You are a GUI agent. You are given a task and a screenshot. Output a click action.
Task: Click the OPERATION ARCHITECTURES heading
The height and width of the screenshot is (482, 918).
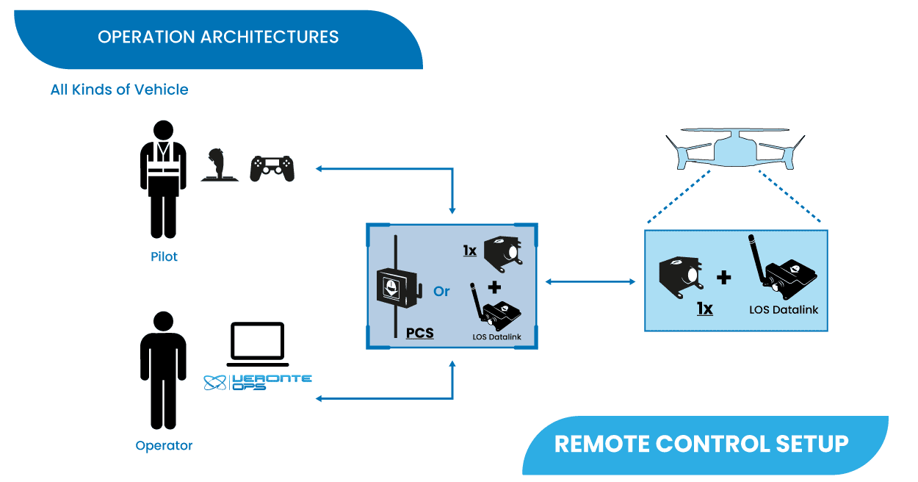[x=218, y=37]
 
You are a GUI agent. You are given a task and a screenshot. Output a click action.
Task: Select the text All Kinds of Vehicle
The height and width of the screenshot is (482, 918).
[x=119, y=90]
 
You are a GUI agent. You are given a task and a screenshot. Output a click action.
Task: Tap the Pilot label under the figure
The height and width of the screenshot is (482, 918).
[x=164, y=257]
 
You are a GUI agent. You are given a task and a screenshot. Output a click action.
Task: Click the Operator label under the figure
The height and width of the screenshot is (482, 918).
[x=164, y=445]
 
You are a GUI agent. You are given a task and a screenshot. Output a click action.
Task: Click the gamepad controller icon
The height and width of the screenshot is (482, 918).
[x=272, y=168]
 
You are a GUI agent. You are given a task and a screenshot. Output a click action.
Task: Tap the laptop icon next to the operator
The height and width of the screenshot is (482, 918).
[x=256, y=345]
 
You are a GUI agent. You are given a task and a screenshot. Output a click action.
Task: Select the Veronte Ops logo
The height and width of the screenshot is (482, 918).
[x=257, y=382]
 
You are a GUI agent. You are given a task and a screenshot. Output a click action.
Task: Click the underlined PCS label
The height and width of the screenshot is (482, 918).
[x=419, y=333]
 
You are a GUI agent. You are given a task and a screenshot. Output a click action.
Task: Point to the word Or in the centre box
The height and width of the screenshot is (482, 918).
[x=441, y=292]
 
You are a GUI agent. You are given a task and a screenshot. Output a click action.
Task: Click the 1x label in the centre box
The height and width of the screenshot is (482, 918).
[x=469, y=251]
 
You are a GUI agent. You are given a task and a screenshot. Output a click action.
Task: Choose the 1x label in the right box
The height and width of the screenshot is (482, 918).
[x=704, y=309]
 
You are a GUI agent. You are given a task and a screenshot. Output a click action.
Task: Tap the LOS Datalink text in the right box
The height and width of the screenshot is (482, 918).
[x=784, y=309]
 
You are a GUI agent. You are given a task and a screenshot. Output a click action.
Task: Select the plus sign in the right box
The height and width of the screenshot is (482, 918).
[x=723, y=277]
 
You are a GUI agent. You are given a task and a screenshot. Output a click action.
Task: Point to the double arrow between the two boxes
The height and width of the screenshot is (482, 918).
[x=590, y=281]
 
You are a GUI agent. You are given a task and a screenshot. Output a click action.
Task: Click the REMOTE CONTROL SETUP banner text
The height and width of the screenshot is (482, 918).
[x=701, y=444]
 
